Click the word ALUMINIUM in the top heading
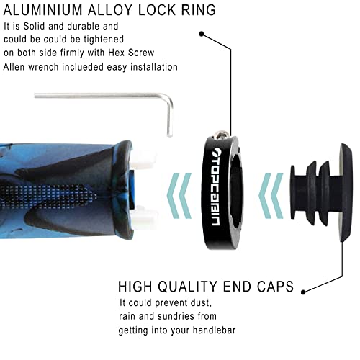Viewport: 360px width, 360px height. [x=43, y=10]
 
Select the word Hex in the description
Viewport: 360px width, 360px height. [x=117, y=53]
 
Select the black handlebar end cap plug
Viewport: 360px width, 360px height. [x=322, y=192]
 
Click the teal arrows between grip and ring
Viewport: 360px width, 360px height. [x=179, y=196]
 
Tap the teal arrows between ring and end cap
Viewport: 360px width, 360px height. [x=271, y=196]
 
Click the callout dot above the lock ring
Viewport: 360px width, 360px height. [x=202, y=34]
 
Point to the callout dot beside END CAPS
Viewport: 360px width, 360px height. [x=303, y=292]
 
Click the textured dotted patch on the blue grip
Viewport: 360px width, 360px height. [x=48, y=195]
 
